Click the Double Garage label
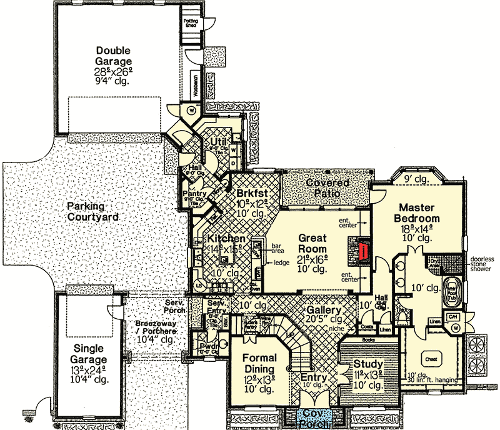pos(113,56)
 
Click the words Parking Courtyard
pos(93,211)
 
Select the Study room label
pos(369,364)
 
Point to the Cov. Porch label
pos(310,419)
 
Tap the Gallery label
pos(323,311)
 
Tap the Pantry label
pos(194,194)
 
